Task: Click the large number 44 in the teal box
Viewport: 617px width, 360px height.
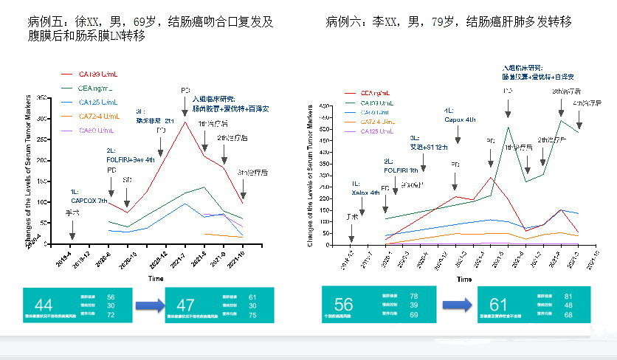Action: [x=44, y=304]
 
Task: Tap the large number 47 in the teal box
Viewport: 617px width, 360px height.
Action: [x=185, y=304]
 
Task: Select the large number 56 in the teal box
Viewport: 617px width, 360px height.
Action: [x=343, y=304]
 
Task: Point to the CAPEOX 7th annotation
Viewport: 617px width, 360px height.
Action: [x=89, y=201]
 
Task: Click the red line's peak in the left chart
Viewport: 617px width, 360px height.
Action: [x=185, y=122]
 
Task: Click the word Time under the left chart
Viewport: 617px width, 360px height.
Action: [x=155, y=279]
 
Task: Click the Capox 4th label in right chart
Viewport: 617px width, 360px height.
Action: [x=459, y=119]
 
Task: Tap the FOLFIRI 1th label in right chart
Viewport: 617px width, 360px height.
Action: [x=399, y=169]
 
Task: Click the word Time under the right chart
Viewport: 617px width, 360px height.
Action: [x=463, y=280]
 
